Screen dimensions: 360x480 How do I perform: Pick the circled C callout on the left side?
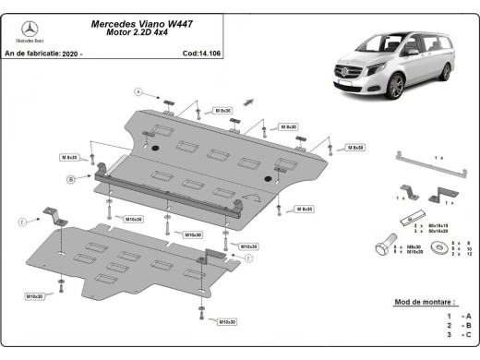tap(21, 222)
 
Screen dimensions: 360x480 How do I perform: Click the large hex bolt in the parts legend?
tap(379, 248)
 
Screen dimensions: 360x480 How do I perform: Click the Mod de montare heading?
tap(426, 302)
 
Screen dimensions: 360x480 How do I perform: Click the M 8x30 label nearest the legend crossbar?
tap(354, 148)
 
